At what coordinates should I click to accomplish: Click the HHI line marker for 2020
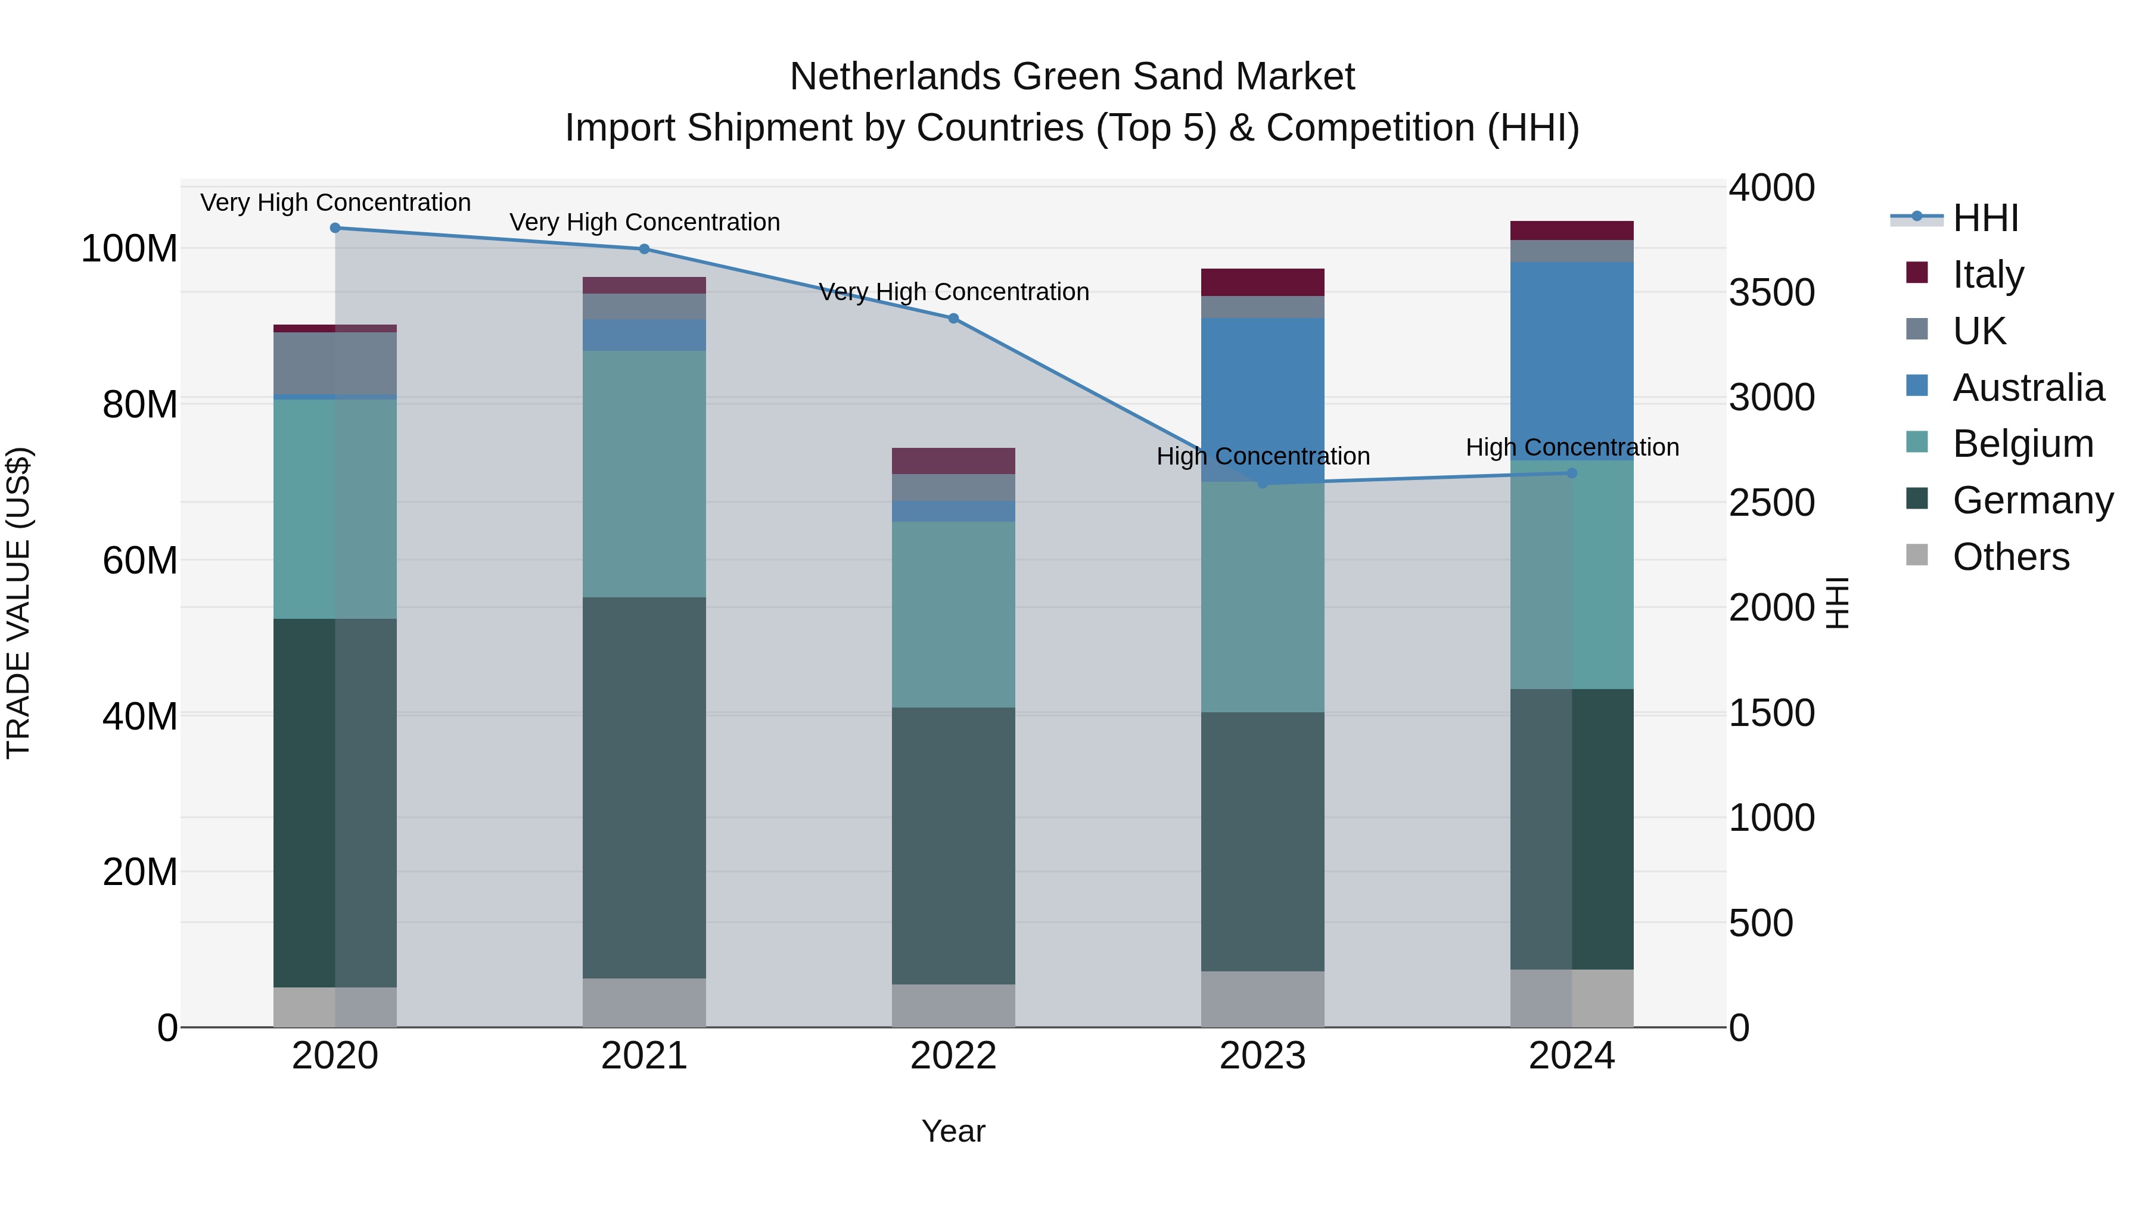[x=335, y=228]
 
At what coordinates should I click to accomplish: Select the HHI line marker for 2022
[x=953, y=319]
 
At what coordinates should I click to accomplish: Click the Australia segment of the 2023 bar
[x=1263, y=400]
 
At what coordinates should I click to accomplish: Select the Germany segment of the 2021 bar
[x=643, y=787]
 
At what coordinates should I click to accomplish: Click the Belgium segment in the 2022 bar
[x=953, y=614]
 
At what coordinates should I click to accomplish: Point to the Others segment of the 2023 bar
[x=1263, y=999]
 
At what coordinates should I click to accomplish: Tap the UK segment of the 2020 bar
[x=335, y=363]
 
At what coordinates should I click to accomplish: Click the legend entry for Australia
[x=2028, y=388]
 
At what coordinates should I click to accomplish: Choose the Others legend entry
[x=2010, y=557]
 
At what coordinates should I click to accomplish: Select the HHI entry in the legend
[x=1985, y=218]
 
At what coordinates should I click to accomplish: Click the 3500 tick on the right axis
[x=1771, y=293]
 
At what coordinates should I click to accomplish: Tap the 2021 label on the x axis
[x=643, y=1056]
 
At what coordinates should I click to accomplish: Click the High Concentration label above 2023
[x=1263, y=456]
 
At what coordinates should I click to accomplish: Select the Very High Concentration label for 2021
[x=643, y=222]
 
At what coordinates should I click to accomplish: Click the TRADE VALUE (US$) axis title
[x=18, y=603]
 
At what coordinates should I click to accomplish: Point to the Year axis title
[x=953, y=1131]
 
